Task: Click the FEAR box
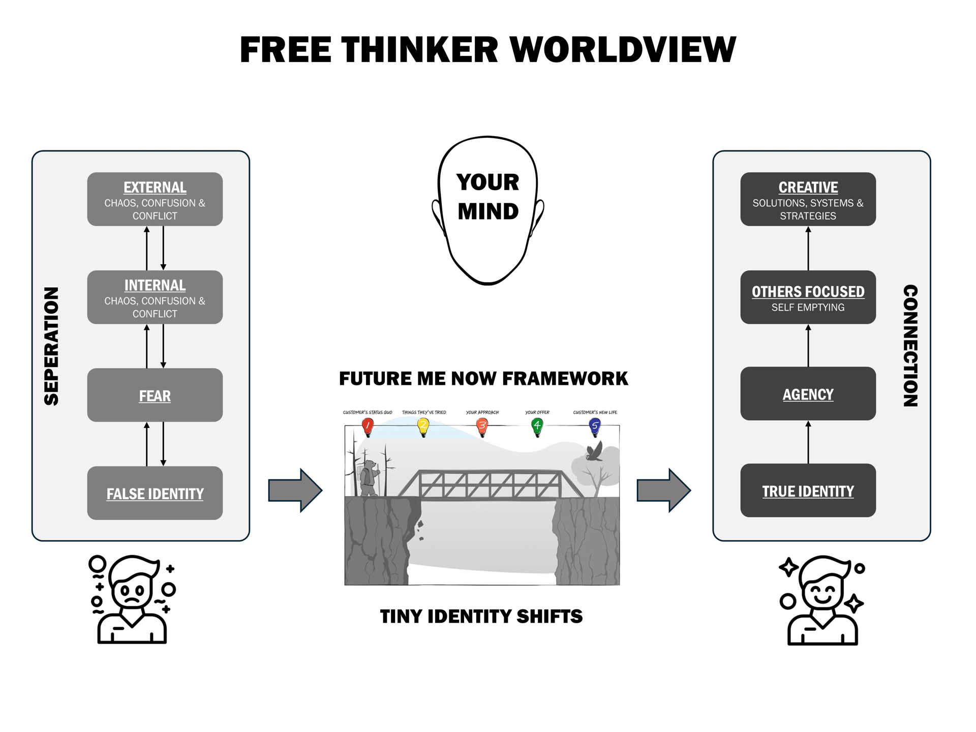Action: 155,395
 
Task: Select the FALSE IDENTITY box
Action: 155,493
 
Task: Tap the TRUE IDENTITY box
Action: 808,491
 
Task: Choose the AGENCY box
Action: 808,393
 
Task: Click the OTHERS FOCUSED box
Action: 808,297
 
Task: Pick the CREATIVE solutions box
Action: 808,199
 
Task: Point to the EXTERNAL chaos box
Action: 155,199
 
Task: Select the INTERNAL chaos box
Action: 155,297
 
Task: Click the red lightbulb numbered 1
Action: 368,426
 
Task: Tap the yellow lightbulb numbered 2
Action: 423,426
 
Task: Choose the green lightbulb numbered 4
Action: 537,426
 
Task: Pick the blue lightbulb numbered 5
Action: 595,426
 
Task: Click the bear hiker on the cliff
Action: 369,478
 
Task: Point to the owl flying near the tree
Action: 595,451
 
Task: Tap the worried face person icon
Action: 132,600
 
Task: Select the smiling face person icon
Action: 822,600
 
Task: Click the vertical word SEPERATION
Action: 51,346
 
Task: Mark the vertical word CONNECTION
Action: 910,346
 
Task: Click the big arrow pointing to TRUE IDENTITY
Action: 663,490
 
